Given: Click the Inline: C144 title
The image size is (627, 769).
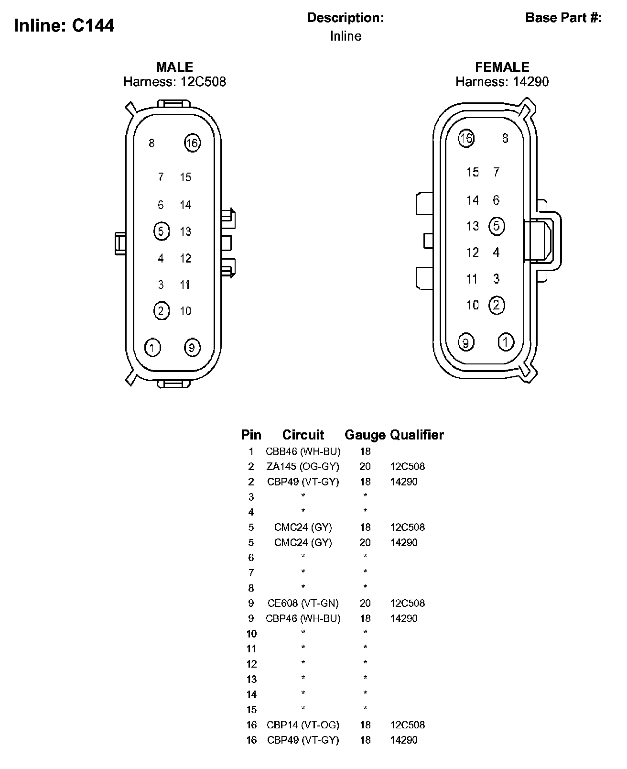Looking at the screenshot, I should tap(65, 25).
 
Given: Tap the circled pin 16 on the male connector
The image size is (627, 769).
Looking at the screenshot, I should tap(192, 143).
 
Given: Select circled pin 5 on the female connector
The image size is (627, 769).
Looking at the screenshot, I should tap(497, 226).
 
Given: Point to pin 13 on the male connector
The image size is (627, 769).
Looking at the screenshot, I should tap(185, 231).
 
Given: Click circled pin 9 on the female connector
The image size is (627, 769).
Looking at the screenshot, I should tap(466, 342).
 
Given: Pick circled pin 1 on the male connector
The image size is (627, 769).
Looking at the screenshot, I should tap(152, 347).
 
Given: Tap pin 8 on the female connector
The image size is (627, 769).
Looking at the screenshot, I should tap(505, 138).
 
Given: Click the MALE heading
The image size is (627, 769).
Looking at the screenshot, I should tap(174, 67).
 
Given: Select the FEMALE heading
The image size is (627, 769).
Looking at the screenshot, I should tap(502, 67).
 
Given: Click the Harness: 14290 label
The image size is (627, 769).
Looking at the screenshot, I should tap(502, 82).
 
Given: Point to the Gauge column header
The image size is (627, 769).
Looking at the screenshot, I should tap(365, 435).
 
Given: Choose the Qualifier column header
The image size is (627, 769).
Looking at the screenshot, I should tap(417, 435).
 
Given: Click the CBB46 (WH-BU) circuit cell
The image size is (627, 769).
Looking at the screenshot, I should tap(303, 451).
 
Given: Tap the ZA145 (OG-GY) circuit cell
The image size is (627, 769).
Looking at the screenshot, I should tap(303, 466).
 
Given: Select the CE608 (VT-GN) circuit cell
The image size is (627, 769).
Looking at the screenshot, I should tap(303, 603).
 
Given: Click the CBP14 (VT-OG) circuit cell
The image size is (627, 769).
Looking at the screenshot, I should tap(303, 725).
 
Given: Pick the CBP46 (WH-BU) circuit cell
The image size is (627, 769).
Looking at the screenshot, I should tap(303, 618).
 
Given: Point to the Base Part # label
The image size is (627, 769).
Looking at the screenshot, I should tap(563, 18).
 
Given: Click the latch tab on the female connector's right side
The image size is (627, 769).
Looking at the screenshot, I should tap(542, 241).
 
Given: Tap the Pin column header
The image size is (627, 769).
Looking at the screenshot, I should tap(251, 435).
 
